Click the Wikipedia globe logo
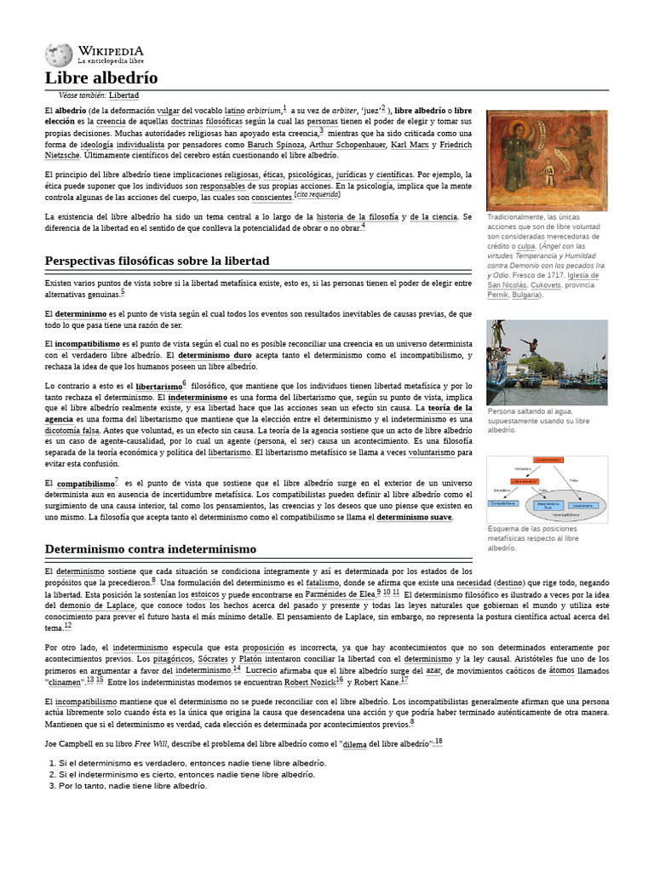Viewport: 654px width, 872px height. (59, 55)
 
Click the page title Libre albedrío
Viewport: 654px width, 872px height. (101, 78)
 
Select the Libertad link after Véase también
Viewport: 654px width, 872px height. (123, 95)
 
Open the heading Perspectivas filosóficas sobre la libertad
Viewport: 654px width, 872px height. (157, 260)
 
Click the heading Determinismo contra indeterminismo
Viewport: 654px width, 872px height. (150, 548)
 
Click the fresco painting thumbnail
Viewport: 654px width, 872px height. (547, 161)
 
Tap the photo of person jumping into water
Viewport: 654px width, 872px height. (547, 363)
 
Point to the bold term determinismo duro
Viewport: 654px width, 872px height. (215, 354)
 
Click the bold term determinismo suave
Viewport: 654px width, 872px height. (414, 517)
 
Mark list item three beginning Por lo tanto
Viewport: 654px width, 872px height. (128, 786)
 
